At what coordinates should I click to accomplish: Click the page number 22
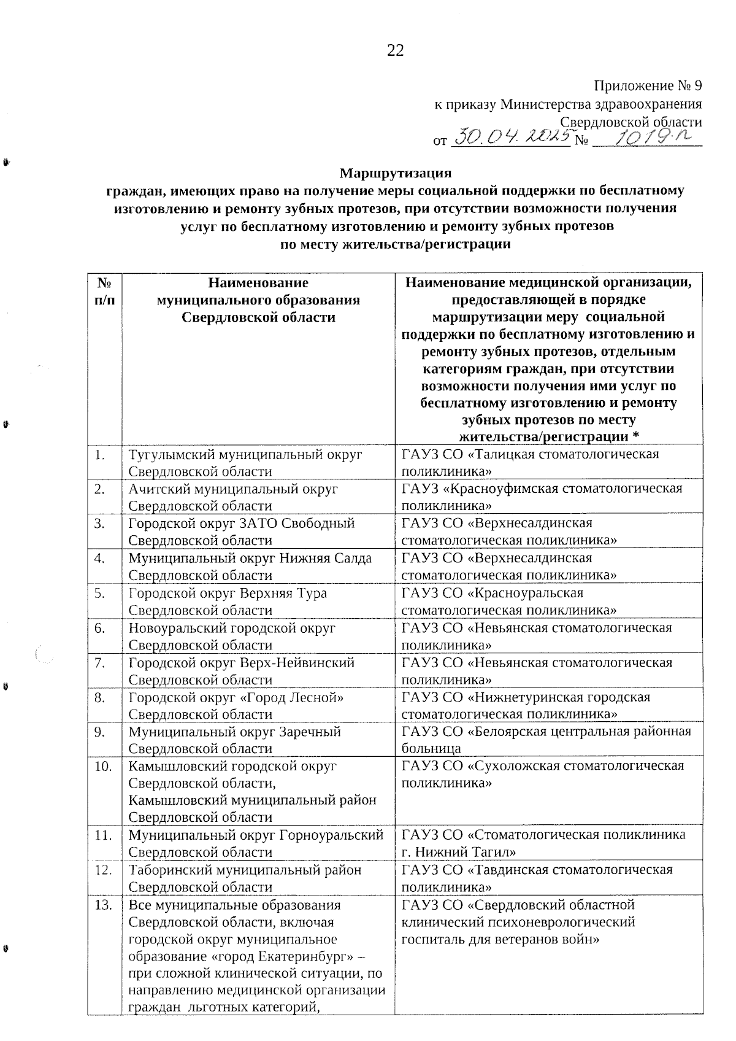click(x=395, y=51)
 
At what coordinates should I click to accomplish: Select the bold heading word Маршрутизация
click(x=396, y=172)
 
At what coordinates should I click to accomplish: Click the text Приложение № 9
click(x=648, y=87)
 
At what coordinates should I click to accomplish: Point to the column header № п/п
click(x=104, y=292)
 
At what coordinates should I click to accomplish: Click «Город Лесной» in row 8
click(x=301, y=698)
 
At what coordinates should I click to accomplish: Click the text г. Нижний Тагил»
click(x=458, y=853)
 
